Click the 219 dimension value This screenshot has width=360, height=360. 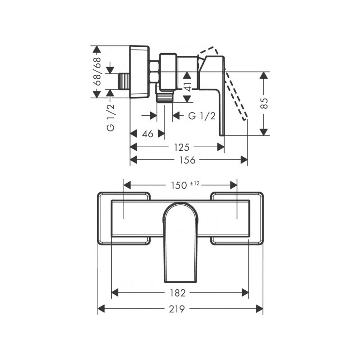(x=180, y=309)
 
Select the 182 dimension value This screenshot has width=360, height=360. (x=180, y=293)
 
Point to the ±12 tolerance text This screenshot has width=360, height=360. (x=194, y=183)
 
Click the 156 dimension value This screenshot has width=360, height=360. (x=188, y=160)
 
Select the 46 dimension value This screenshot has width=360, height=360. (x=148, y=134)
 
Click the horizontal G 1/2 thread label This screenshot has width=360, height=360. (x=201, y=116)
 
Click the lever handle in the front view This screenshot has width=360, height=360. (x=180, y=243)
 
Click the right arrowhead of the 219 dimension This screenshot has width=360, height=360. (x=260, y=309)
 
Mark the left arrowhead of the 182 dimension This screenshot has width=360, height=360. (x=114, y=293)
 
